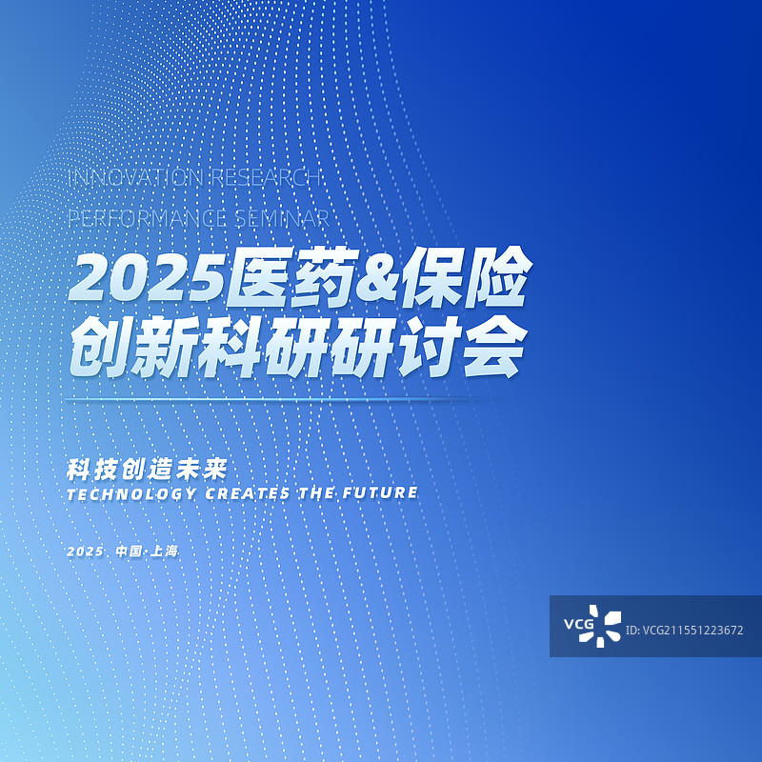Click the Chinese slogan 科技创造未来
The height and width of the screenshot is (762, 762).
[150, 470]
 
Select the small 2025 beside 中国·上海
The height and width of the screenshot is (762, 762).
[85, 551]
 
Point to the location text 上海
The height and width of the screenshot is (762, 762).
[164, 551]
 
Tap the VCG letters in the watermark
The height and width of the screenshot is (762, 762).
[578, 626]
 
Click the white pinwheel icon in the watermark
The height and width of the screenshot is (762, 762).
[607, 626]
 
